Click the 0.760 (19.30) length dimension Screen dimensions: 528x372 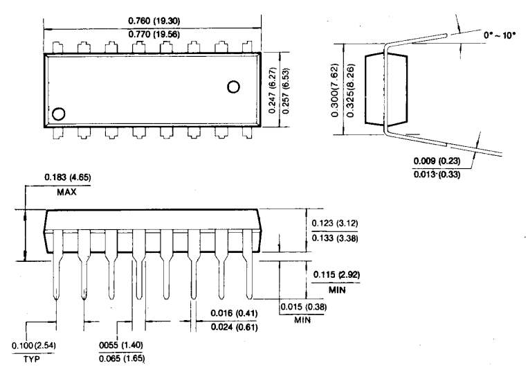[154, 21]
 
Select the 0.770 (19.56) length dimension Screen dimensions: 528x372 [154, 34]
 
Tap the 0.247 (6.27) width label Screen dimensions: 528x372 [273, 90]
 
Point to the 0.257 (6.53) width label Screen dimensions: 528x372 [286, 90]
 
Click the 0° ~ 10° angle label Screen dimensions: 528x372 [500, 35]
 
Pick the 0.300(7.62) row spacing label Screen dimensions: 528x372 [335, 90]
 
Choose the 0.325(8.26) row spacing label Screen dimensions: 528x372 [351, 90]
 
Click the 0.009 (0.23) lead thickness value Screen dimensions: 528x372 [437, 161]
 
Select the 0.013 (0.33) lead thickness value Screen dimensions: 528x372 [437, 174]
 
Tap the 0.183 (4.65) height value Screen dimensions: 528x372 [68, 177]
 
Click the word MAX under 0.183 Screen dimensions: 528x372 [66, 192]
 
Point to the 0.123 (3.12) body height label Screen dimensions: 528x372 [335, 223]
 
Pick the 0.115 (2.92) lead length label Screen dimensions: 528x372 [336, 274]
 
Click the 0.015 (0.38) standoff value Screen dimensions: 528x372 [303, 307]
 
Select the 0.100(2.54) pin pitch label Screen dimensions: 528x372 [34, 346]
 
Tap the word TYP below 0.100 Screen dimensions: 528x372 [31, 360]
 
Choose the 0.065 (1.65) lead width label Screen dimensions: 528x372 [122, 358]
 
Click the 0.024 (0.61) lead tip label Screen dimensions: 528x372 [235, 327]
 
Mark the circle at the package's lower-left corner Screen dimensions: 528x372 [59, 114]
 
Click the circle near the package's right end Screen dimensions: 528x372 [233, 87]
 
